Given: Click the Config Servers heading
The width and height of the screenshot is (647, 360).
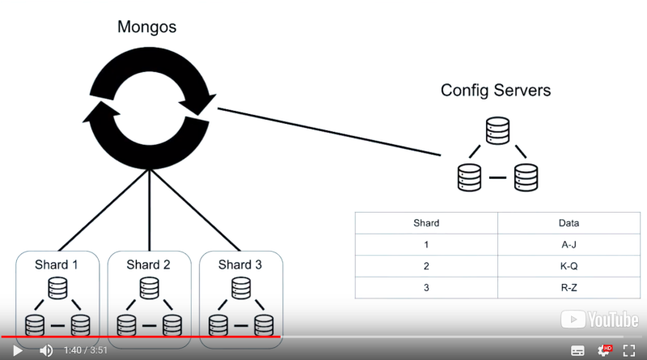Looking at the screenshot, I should (x=495, y=90).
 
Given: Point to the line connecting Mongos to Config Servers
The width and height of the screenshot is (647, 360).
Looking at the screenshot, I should (x=332, y=132).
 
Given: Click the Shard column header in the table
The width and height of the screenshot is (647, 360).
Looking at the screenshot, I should (x=425, y=222).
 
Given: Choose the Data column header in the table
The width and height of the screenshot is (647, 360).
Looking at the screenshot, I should (x=569, y=222).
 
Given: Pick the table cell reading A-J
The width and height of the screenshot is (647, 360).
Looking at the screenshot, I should (x=569, y=244).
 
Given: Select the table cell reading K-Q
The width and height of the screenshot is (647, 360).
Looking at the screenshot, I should (x=569, y=265).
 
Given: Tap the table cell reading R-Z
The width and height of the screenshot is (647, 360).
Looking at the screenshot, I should (x=569, y=287).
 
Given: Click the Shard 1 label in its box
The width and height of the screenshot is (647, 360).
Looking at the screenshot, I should (x=57, y=265).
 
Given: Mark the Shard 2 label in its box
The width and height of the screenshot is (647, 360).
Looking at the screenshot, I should (x=149, y=265).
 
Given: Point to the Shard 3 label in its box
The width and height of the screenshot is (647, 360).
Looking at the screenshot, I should (x=240, y=265).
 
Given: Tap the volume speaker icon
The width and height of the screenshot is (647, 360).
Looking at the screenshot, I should (x=46, y=350).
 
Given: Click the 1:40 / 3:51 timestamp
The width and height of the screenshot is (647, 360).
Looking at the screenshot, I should (x=85, y=350).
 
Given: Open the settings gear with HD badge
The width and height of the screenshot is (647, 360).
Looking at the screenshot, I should (x=604, y=350).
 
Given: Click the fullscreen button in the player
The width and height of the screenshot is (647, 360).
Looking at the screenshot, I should (x=629, y=350).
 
